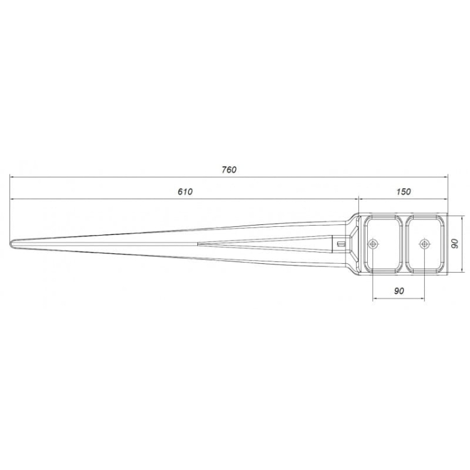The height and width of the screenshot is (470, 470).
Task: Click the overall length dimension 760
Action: pyautogui.click(x=229, y=170)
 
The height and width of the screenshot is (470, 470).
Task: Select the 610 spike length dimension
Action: pyautogui.click(x=185, y=192)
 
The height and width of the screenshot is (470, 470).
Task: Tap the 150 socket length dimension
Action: pyautogui.click(x=404, y=192)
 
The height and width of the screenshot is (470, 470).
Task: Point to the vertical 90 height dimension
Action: pyautogui.click(x=455, y=243)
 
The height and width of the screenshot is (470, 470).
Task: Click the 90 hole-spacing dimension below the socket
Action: pyautogui.click(x=399, y=291)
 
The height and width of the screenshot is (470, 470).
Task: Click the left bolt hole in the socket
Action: pyautogui.click(x=373, y=244)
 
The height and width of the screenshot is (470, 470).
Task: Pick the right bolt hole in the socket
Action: pyautogui.click(x=424, y=244)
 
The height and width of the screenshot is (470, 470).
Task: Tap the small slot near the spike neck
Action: pyautogui.click(x=341, y=244)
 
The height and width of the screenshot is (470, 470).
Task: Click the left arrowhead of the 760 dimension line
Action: pyautogui.click(x=12, y=177)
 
